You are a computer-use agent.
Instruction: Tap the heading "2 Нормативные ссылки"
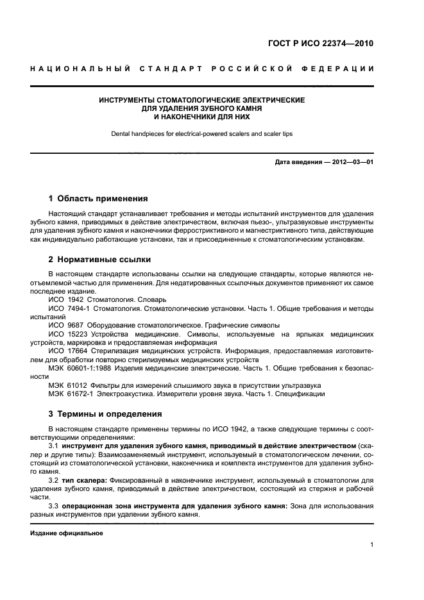pyautogui.click(x=100, y=260)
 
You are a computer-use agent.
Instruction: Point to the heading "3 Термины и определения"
pyautogui.click(x=105, y=413)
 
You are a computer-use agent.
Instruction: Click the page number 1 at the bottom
pyautogui.click(x=371, y=546)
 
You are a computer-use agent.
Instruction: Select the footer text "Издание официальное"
pyautogui.click(x=67, y=533)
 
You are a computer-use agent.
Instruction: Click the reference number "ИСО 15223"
pyautogui.click(x=66, y=334)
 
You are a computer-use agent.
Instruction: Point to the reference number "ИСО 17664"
pyautogui.click(x=66, y=351)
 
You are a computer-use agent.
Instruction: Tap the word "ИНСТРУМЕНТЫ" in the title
pyautogui.click(x=127, y=101)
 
